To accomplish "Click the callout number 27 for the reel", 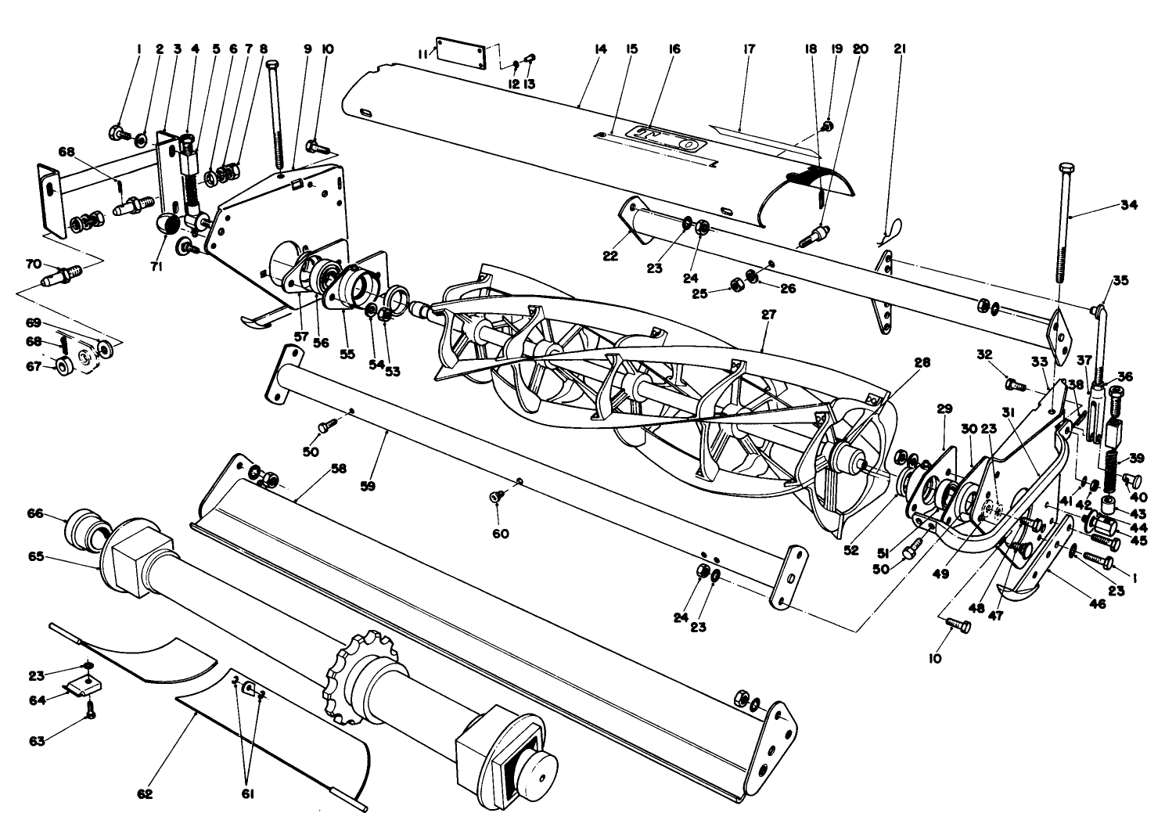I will pos(768,315).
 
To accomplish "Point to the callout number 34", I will pos(1128,206).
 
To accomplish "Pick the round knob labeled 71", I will pos(170,224).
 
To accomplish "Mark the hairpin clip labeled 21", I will pos(892,228).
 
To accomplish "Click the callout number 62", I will pos(144,793).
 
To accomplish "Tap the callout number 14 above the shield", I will pos(600,49).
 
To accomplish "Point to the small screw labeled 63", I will pos(90,713).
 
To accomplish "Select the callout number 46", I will pos(1098,603).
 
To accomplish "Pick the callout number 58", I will pos(338,468).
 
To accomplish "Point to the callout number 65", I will pos(34,557).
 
